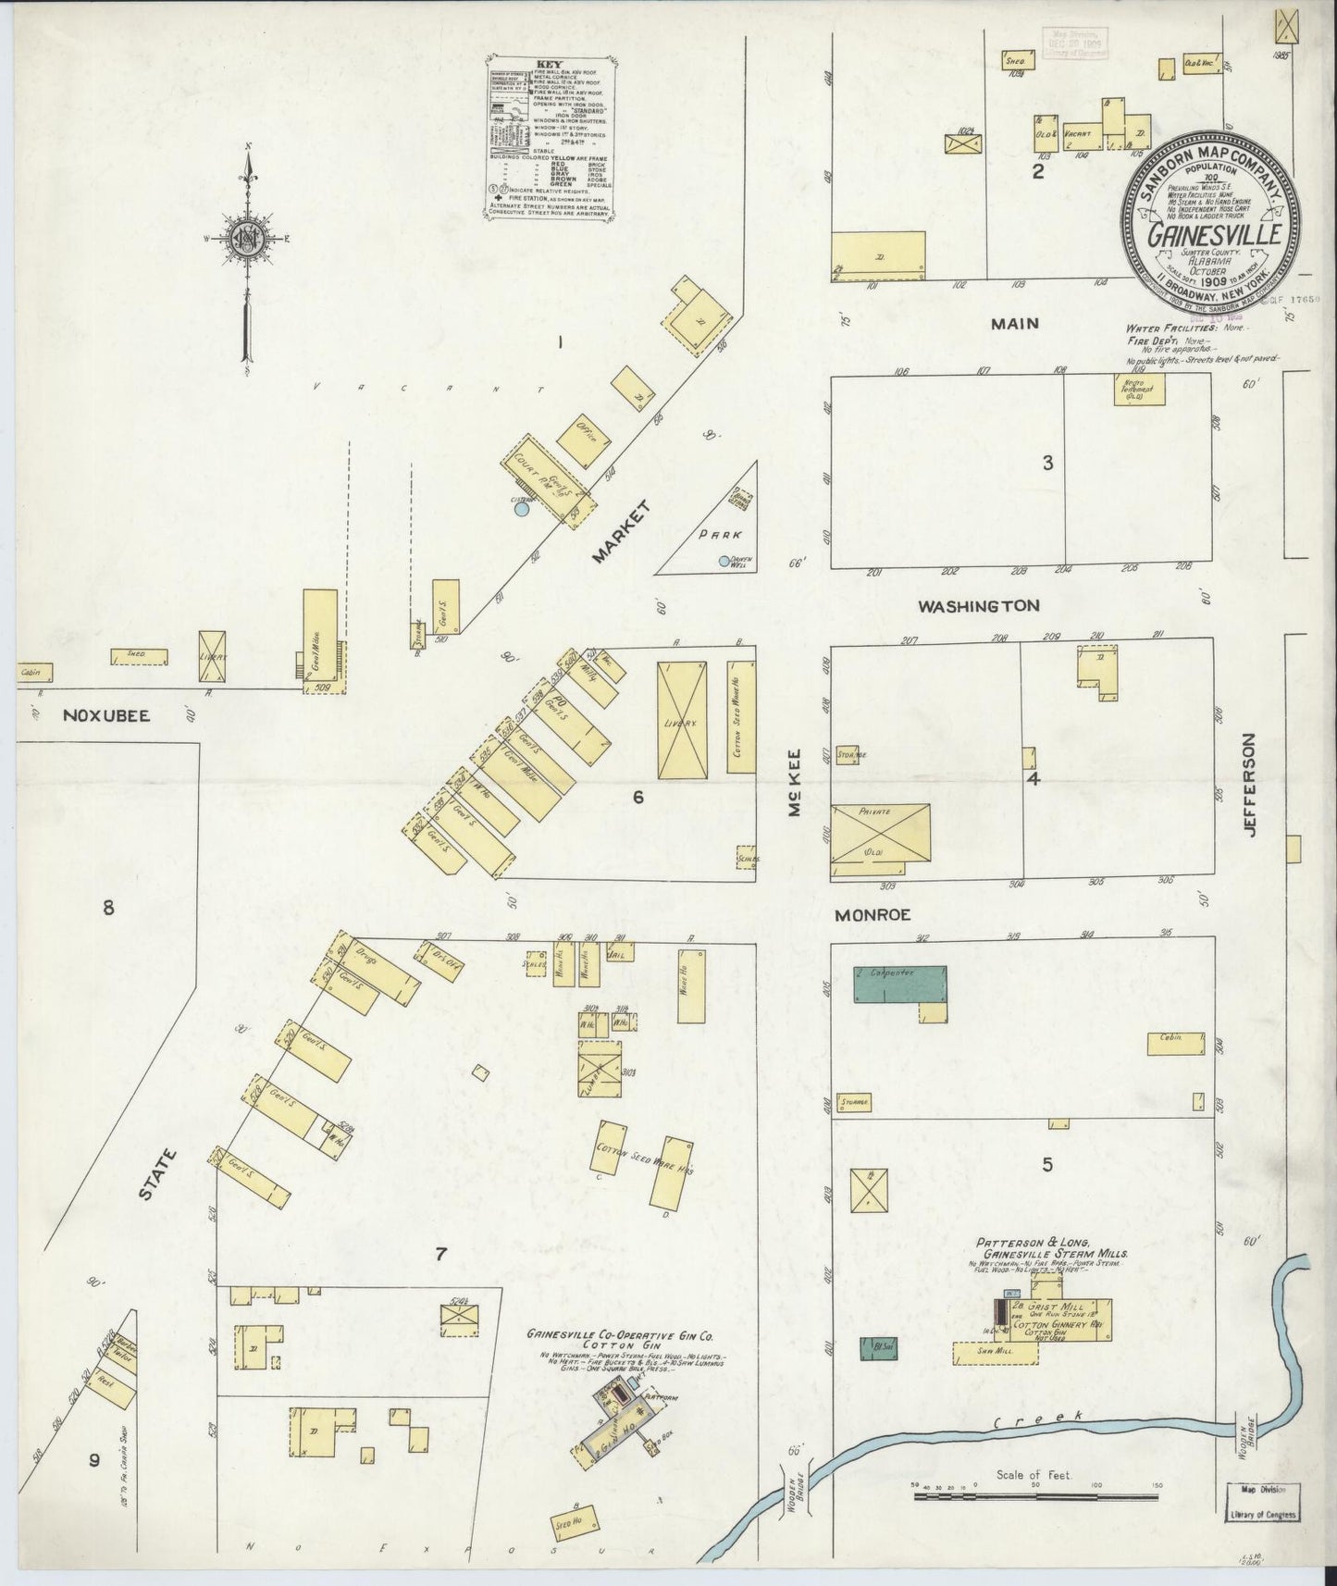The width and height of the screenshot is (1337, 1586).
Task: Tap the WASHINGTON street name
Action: [x=978, y=606]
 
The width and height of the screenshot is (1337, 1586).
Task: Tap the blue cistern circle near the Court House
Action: [x=523, y=508]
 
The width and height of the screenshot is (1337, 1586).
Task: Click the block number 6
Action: [x=638, y=796]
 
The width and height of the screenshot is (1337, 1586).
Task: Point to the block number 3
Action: [x=1047, y=464]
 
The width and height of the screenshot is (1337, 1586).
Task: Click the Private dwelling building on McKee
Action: [x=880, y=833]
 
